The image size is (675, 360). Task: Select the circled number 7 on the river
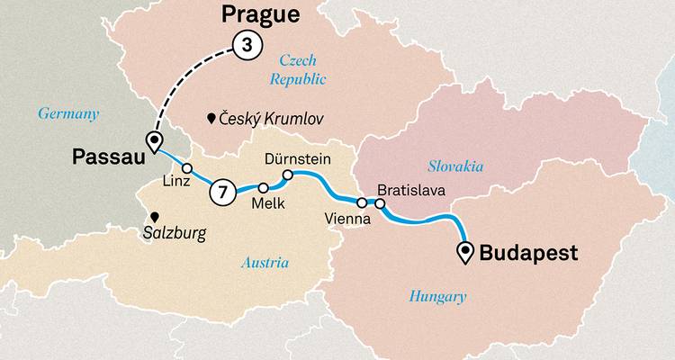click(x=222, y=192)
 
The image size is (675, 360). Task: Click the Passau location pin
click(x=153, y=141)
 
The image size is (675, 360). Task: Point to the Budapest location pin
click(x=465, y=252)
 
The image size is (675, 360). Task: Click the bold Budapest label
click(x=528, y=253)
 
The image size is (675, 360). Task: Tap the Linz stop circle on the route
click(x=187, y=168)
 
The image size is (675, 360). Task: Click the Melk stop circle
click(x=264, y=188)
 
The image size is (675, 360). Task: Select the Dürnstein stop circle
click(x=288, y=175)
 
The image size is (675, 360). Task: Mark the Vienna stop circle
click(x=362, y=203)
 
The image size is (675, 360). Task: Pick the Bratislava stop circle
click(x=380, y=204)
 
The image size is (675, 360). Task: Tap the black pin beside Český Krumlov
click(x=210, y=118)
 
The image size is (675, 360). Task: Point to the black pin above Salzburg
click(x=155, y=217)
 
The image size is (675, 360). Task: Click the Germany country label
click(x=67, y=112)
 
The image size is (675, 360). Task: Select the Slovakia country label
click(x=454, y=166)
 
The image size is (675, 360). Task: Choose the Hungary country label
click(x=437, y=296)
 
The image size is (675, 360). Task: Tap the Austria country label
click(x=265, y=263)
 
